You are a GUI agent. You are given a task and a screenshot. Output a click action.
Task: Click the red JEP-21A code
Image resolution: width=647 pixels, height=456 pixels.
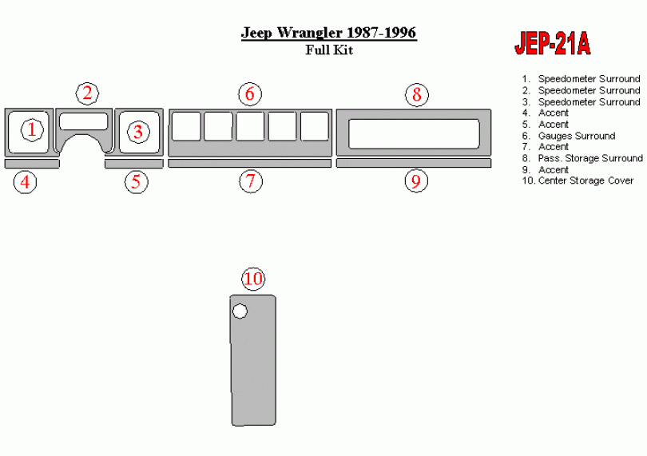pyautogui.click(x=553, y=43)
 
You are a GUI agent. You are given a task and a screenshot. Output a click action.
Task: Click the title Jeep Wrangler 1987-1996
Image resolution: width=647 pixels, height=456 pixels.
pyautogui.click(x=329, y=33)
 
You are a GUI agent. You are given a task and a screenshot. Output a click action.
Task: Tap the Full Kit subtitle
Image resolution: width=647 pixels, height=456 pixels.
pyautogui.click(x=329, y=50)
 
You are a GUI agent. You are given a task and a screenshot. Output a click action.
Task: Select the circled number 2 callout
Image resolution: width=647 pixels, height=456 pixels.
pyautogui.click(x=87, y=93)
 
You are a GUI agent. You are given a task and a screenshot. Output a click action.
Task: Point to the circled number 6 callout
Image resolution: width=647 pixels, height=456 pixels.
pyautogui.click(x=250, y=94)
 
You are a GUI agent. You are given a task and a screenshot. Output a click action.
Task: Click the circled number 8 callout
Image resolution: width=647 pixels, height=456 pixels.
pyautogui.click(x=417, y=94)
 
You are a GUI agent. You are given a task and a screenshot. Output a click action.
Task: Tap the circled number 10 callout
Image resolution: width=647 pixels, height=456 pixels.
pyautogui.click(x=253, y=279)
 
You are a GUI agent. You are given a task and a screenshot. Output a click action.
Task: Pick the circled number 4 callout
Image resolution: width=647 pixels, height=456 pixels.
pyautogui.click(x=26, y=181)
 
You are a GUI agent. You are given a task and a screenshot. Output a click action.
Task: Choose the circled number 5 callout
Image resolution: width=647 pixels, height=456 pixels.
pyautogui.click(x=137, y=181)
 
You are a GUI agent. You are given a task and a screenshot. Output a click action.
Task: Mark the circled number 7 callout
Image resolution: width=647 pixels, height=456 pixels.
pyautogui.click(x=251, y=181)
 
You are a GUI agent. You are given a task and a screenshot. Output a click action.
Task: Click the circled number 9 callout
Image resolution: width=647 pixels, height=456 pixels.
pyautogui.click(x=416, y=180)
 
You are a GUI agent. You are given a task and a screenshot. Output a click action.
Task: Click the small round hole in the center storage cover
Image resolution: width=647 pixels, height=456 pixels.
pyautogui.click(x=240, y=311)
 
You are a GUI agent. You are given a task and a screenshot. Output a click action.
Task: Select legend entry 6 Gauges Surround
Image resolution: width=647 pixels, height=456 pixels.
pyautogui.click(x=569, y=136)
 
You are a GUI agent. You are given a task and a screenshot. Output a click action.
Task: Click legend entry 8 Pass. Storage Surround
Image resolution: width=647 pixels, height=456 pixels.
pyautogui.click(x=582, y=158)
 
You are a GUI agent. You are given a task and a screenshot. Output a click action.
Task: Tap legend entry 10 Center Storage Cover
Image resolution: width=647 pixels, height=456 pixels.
pyautogui.click(x=578, y=180)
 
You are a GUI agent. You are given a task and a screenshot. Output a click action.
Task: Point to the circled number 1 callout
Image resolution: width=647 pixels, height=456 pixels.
pyautogui.click(x=32, y=130)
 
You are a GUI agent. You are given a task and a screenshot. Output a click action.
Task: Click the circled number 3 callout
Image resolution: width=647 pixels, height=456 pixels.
pyautogui.click(x=138, y=132)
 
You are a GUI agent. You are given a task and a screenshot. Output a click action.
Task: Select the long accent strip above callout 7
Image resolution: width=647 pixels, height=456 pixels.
pyautogui.click(x=250, y=164)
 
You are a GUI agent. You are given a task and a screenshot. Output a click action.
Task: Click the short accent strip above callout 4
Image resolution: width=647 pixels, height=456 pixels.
pyautogui.click(x=32, y=164)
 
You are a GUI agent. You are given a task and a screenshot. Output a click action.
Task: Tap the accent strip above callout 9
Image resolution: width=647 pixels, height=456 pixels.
pyautogui.click(x=414, y=163)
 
